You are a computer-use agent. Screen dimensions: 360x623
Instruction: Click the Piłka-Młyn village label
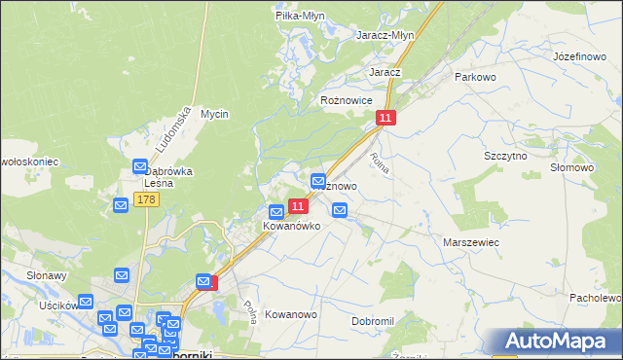[x=299, y=16]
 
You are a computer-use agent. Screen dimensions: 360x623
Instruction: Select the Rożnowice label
[x=348, y=100]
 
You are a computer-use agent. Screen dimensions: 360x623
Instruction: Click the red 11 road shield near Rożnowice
[x=386, y=118]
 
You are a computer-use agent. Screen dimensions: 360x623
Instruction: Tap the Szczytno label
[x=505, y=156]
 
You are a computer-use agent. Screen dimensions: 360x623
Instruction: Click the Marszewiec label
[x=471, y=241]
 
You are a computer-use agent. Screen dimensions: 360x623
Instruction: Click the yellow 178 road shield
[x=146, y=199]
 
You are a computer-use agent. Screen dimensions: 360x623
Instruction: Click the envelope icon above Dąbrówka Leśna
[x=139, y=166]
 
